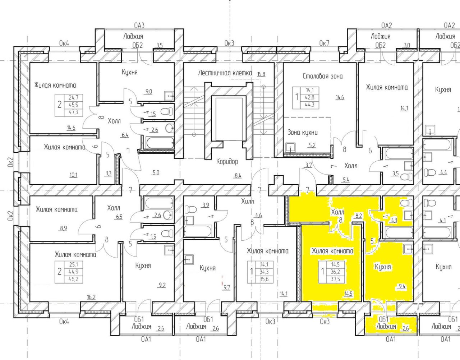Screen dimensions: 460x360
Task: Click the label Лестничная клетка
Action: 225,73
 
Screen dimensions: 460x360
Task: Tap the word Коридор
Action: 227,162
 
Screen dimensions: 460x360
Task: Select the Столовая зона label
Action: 323,76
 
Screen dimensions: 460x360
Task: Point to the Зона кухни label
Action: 303,133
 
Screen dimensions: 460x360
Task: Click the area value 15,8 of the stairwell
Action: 261,74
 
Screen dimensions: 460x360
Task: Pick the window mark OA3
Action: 139,26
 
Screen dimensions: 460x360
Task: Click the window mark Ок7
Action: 324,43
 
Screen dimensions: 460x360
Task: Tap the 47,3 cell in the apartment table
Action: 73,112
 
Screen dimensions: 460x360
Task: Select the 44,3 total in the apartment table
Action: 309,105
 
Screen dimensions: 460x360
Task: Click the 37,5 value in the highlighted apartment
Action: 336,279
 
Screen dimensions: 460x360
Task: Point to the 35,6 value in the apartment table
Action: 264,279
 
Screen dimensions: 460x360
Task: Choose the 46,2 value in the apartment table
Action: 73,279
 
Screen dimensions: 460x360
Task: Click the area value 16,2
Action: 91,297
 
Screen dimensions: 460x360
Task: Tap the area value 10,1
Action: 73,175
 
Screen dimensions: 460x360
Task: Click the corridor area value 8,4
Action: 238,175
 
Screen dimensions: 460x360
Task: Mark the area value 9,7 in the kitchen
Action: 226,287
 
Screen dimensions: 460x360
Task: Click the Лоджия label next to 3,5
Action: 133,36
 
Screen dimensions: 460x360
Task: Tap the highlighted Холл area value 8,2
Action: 359,216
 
